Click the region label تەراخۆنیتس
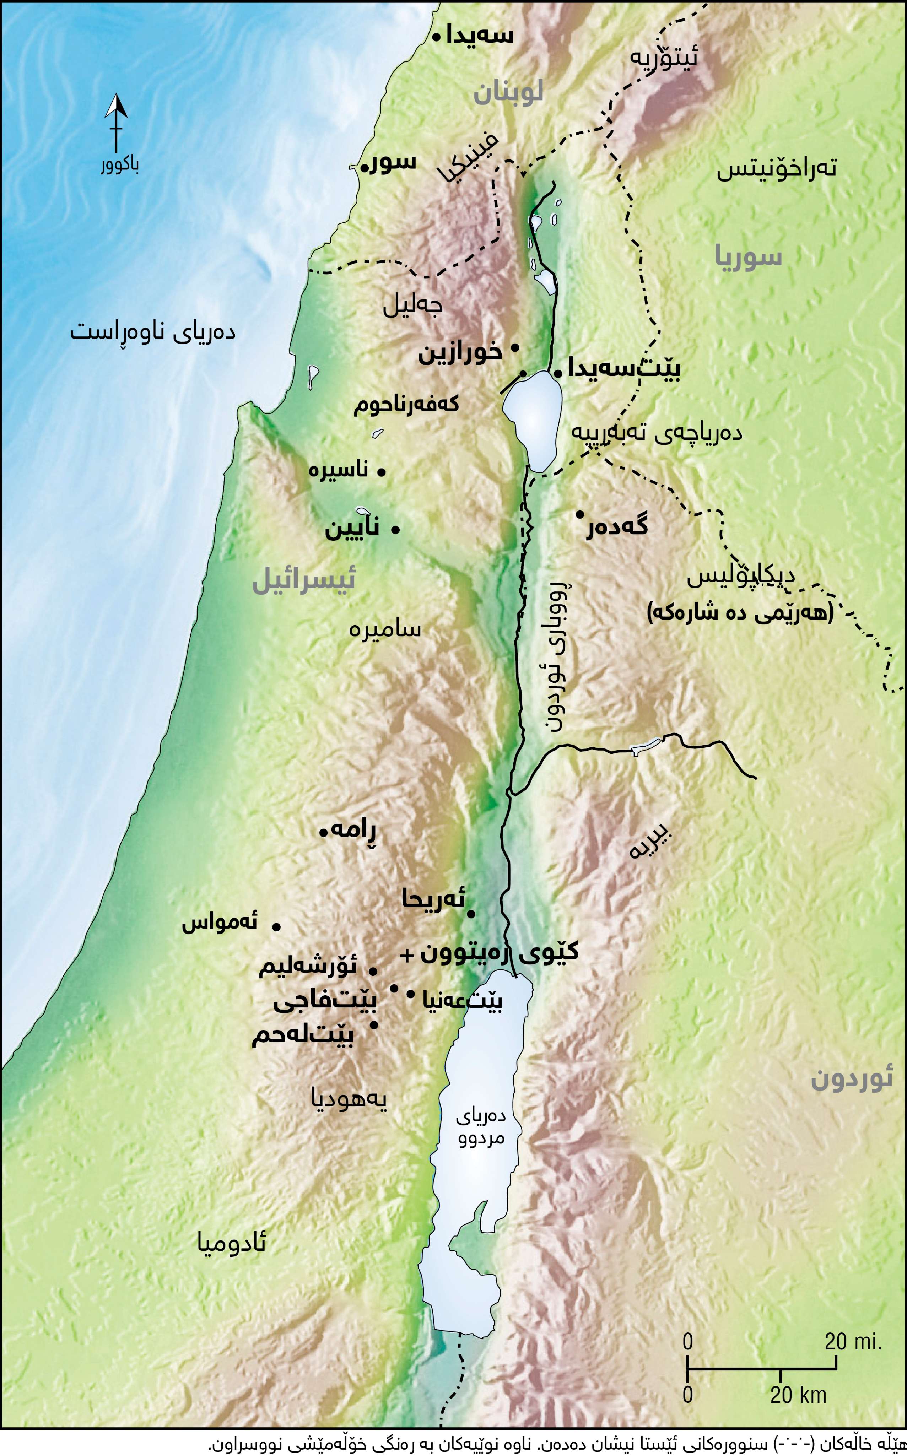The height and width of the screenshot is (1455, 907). (x=777, y=169)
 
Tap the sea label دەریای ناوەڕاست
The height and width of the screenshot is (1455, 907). (x=153, y=332)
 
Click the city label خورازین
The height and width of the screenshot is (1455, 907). (x=460, y=353)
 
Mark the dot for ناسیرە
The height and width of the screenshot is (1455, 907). (x=381, y=472)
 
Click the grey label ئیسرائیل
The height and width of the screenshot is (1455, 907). (x=304, y=580)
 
